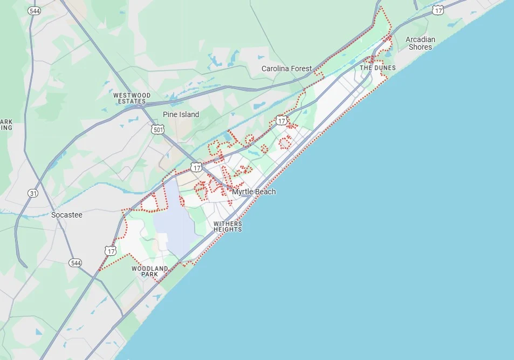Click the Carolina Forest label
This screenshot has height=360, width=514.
coord(286,69)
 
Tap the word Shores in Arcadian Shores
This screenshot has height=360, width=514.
coord(420,47)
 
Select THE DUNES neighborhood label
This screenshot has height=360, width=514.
coord(378,68)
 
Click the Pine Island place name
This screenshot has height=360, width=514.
coord(181,114)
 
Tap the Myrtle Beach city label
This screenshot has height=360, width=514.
coord(253,192)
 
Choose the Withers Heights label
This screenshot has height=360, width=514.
coord(228,227)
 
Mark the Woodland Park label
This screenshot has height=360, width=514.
coord(149,271)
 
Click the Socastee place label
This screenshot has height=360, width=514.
coord(67,215)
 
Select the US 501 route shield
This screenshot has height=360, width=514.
coord(157,130)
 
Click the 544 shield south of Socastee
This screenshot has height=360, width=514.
coord(76,263)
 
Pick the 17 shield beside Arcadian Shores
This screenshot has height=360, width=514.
coord(438,10)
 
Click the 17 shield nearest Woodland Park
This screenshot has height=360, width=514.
coord(111,250)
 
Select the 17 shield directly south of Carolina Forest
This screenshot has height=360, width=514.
coord(282,120)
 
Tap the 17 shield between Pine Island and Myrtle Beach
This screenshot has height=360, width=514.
coord(196,167)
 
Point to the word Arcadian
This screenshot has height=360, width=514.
coord(420,39)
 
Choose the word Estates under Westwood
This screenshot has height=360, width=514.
coord(133,101)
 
